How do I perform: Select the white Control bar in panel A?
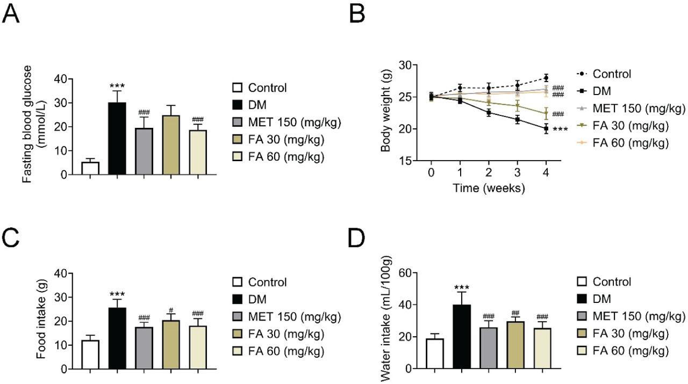(90, 168)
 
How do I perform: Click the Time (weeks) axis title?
(488, 188)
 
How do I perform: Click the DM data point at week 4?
(546, 129)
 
